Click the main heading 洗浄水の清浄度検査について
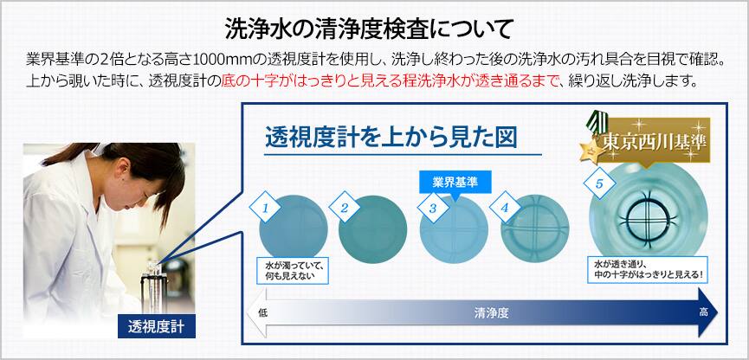point(369,29)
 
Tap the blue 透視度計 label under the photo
point(157,327)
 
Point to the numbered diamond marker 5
point(599,183)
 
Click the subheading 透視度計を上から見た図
point(391,138)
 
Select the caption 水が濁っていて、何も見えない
point(293,270)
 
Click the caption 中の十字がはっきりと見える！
point(649,276)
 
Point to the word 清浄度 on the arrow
point(491,312)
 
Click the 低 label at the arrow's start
point(262,312)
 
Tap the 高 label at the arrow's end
point(704,312)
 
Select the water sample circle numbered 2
point(372,229)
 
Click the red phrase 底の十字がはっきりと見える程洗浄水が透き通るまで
point(390,80)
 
